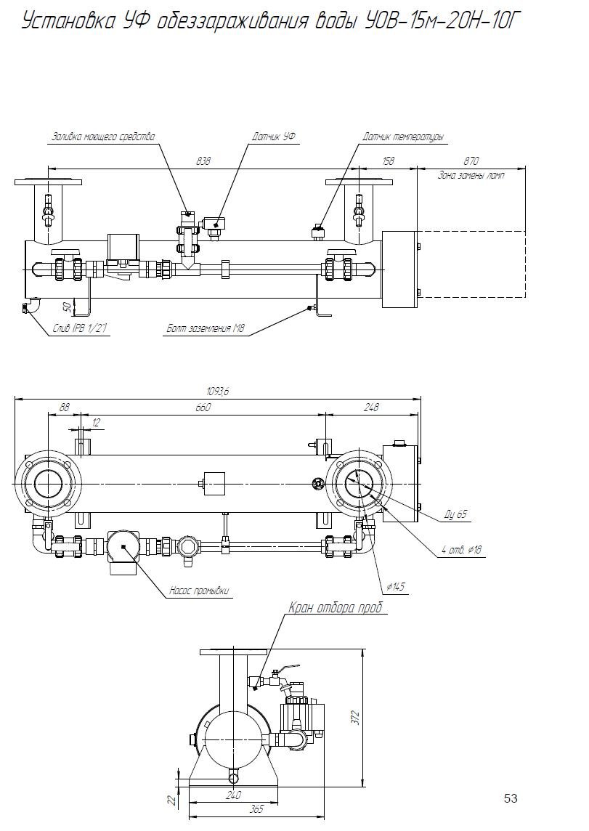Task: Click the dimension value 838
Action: coord(203,161)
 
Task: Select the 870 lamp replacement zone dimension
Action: coord(471,161)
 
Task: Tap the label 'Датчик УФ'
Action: coord(274,137)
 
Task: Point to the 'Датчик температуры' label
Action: coord(403,137)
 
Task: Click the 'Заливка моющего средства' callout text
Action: coord(103,137)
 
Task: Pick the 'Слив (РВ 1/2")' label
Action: coord(80,329)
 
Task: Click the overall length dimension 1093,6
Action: coord(217,392)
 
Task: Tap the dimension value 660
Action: coord(203,408)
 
